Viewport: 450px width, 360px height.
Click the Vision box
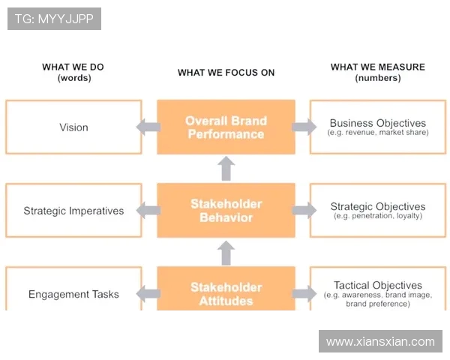pyautogui.click(x=73, y=127)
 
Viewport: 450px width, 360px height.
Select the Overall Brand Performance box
pyautogui.click(x=226, y=127)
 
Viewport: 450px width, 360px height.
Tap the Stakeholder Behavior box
pyautogui.click(x=226, y=211)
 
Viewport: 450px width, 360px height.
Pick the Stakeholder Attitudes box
pyautogui.click(x=226, y=293)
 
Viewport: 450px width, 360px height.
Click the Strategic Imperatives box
pyautogui.click(x=73, y=211)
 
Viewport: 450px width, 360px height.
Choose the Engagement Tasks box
pyautogui.click(x=73, y=294)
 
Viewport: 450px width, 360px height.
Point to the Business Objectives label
pyautogui.click(x=377, y=123)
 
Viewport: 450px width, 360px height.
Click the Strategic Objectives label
pyautogui.click(x=377, y=206)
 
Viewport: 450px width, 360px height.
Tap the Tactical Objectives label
pyautogui.click(x=377, y=286)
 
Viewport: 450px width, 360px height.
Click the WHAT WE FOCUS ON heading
pyautogui.click(x=226, y=73)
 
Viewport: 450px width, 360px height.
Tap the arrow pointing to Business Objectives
pyautogui.click(x=304, y=127)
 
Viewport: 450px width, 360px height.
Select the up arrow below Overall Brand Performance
pyautogui.click(x=226, y=169)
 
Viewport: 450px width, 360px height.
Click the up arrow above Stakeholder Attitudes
pyautogui.click(x=226, y=253)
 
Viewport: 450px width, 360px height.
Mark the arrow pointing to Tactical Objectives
pyautogui.click(x=304, y=294)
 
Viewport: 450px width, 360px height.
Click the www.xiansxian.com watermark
pyautogui.click(x=380, y=341)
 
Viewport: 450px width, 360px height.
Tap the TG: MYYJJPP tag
pyautogui.click(x=54, y=19)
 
